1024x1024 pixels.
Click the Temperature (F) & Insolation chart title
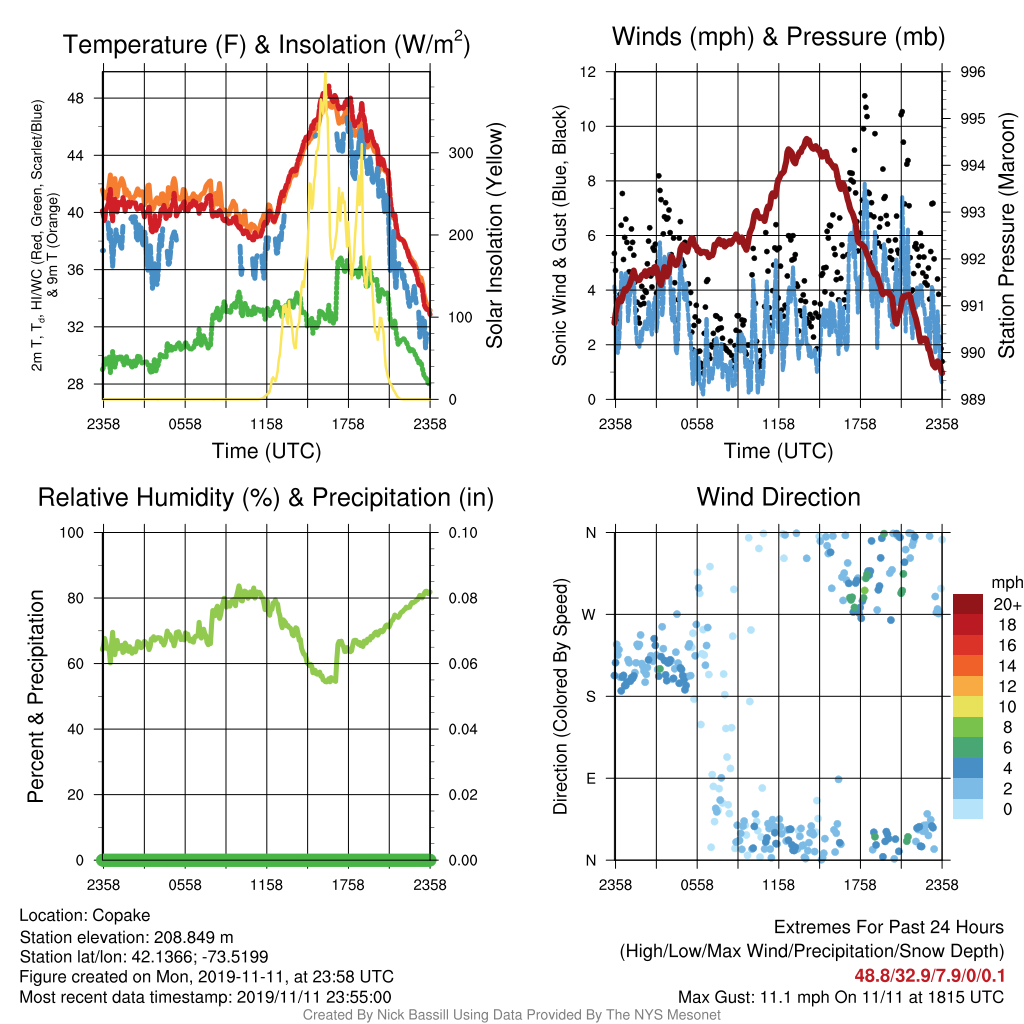266,44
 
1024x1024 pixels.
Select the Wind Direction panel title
778,497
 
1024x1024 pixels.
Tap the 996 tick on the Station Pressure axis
972,72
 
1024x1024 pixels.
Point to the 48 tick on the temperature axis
76,99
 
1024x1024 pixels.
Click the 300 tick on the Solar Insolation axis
461,153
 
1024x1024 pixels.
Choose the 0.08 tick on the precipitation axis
463,598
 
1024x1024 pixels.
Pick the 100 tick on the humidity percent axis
72,533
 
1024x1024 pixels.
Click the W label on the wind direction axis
589,615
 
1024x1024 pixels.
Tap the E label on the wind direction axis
590,778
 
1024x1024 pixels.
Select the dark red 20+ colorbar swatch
968,604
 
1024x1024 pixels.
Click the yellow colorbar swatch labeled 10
968,707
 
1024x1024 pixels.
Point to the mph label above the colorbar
1006,583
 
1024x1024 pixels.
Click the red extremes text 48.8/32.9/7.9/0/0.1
929,976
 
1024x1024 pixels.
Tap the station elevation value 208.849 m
193,938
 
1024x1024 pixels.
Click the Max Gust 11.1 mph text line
840,997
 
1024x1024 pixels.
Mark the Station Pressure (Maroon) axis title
1006,235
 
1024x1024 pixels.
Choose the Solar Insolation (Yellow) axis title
494,235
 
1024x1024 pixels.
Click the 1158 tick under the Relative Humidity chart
266,885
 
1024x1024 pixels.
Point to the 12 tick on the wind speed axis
588,72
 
